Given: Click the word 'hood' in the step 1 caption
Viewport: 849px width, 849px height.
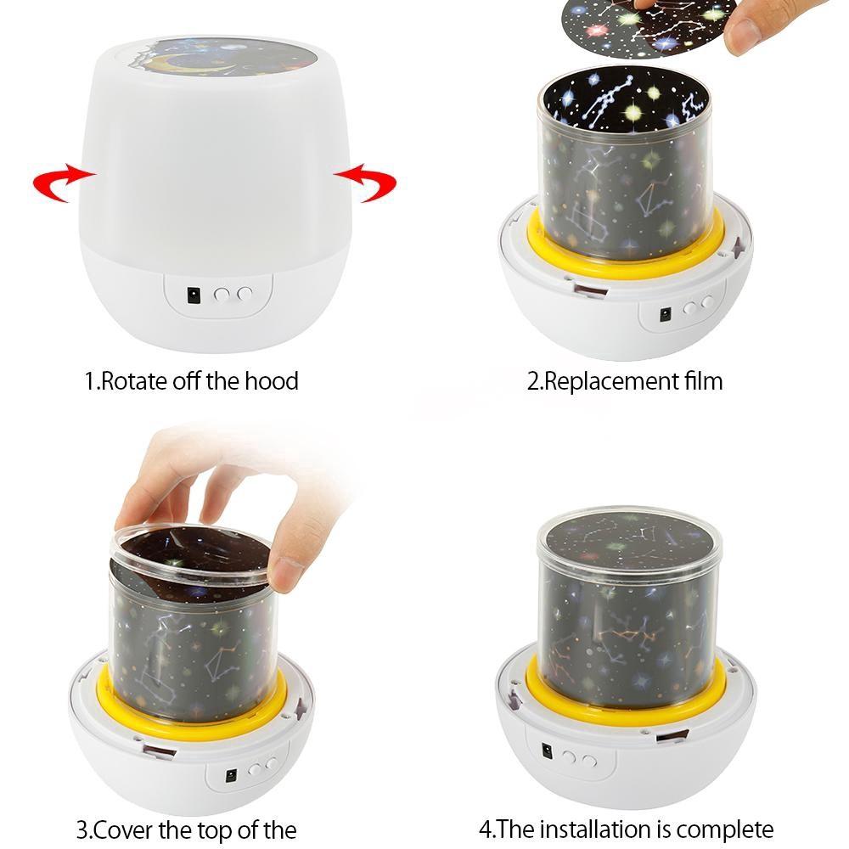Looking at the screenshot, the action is [272, 380].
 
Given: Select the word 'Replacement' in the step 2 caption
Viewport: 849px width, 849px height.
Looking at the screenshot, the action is [610, 382].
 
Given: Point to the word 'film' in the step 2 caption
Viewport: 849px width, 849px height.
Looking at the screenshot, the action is [702, 380].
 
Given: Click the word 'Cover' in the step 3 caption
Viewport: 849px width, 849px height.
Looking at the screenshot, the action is [124, 829].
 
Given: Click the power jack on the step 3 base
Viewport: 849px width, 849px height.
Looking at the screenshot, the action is [231, 775].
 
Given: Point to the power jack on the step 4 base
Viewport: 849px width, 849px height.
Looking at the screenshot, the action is [548, 751].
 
